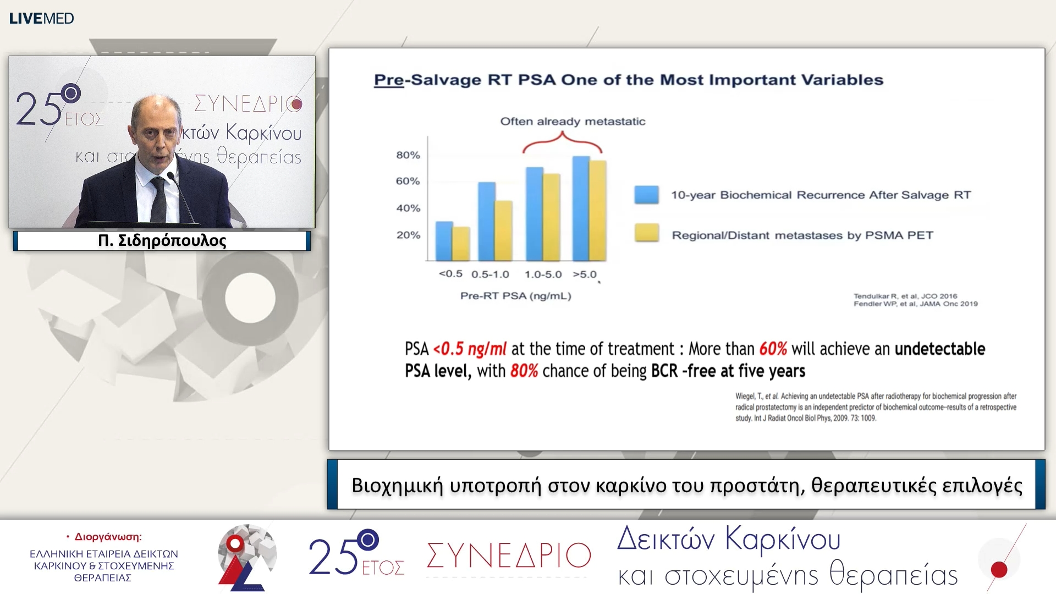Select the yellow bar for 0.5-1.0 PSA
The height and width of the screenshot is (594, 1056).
click(503, 231)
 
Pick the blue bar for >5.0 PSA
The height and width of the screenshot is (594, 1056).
click(581, 209)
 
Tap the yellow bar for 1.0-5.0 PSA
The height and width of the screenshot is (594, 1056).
click(551, 217)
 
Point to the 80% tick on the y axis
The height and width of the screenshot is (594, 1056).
click(408, 155)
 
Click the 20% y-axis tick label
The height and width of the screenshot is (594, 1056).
click(408, 235)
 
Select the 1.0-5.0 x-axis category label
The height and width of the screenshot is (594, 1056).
click(543, 274)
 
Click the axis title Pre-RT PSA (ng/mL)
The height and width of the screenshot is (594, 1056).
click(515, 296)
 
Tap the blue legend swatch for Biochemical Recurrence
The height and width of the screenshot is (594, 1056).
click(646, 195)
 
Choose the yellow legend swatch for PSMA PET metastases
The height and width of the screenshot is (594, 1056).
click(646, 233)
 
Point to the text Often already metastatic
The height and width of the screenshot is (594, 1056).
click(573, 122)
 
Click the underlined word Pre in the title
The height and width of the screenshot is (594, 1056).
click(388, 80)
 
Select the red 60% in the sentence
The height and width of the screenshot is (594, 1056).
click(773, 349)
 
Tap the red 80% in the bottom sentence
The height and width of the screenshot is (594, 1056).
click(524, 371)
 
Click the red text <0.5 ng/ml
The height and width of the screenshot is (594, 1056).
click(470, 349)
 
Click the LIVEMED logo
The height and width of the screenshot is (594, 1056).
click(41, 18)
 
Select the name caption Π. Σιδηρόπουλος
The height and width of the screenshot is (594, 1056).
click(162, 241)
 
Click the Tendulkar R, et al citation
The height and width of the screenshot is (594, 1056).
click(905, 296)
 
